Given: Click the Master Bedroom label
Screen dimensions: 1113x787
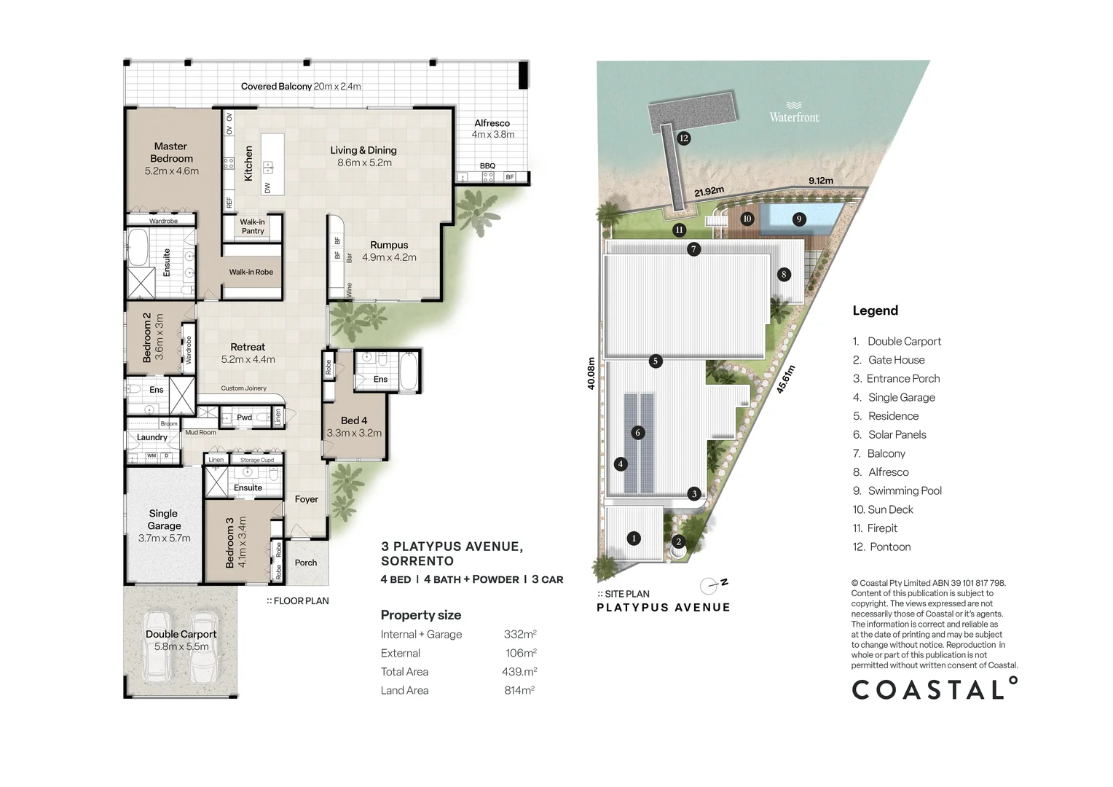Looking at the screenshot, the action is coord(171,158).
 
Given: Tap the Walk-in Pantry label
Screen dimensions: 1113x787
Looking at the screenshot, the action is coord(253,226).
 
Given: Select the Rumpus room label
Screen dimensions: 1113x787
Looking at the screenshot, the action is coord(389,251).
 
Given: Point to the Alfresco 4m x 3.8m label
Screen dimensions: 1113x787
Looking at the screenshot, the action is coord(492,128).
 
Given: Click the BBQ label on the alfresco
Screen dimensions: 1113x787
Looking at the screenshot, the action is coord(487,165).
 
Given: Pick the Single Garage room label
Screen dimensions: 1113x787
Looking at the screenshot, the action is coord(164,525).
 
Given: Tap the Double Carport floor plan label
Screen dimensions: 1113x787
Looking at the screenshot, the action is coord(181,640).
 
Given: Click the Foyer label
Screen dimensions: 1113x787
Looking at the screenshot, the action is coord(306,499).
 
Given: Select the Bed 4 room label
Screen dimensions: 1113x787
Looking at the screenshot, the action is coord(354,426).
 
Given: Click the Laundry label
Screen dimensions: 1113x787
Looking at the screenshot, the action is coord(152,437).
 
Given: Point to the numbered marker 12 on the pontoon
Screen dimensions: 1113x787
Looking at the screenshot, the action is coord(684,138).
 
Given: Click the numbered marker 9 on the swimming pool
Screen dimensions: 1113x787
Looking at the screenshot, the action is coord(799,219).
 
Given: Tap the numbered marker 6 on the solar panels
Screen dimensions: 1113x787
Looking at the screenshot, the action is coord(638,433).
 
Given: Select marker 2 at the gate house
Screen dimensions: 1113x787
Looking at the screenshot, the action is coord(679,541).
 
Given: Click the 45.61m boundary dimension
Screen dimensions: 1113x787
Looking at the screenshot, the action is coord(785,380).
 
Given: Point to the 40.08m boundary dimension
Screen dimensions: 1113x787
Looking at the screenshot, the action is coord(591,373).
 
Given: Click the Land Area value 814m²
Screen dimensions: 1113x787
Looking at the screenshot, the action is coord(519,690).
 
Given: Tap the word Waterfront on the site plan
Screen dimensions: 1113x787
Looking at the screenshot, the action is coord(794,117).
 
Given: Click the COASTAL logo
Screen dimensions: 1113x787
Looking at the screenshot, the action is coord(935,688).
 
